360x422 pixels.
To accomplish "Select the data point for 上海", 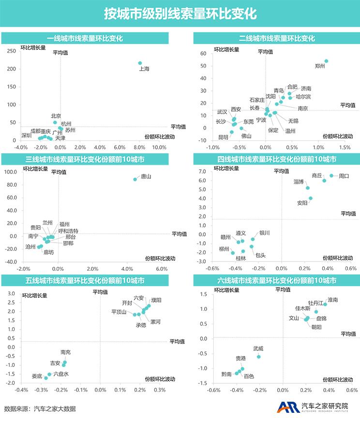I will click(x=140, y=63).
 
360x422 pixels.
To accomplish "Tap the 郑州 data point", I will click(x=326, y=61).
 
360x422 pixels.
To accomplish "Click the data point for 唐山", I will click(x=135, y=179).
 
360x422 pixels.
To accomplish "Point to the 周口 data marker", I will click(x=331, y=175).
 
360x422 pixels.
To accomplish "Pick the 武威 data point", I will click(x=258, y=357).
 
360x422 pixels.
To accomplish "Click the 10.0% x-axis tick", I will click(x=159, y=147).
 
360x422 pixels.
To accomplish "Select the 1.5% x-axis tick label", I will click(x=344, y=147).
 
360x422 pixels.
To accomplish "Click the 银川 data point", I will click(x=253, y=239).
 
